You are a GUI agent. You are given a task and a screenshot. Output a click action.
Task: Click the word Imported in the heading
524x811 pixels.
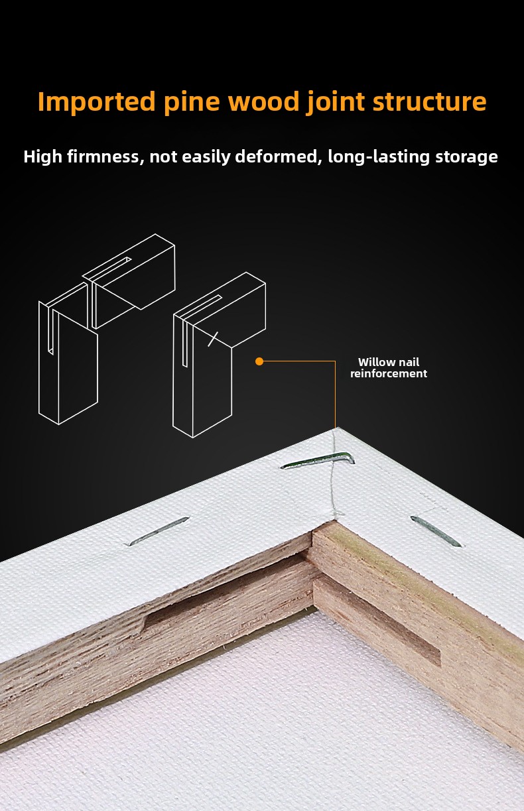[x=97, y=101]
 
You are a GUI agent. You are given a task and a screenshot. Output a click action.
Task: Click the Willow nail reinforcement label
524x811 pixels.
[x=389, y=367]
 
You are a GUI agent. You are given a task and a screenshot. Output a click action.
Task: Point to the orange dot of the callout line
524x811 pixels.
[x=259, y=361]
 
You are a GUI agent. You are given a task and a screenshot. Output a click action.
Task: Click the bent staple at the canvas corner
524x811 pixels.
[x=318, y=460]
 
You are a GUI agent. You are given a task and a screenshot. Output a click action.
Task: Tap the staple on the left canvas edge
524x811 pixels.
[x=159, y=531]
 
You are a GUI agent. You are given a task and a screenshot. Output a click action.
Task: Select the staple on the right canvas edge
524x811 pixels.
[x=436, y=530]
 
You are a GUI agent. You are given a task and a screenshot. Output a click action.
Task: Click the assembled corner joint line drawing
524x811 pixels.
[x=220, y=355]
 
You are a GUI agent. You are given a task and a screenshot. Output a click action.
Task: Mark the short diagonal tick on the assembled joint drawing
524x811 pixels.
[x=213, y=339]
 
